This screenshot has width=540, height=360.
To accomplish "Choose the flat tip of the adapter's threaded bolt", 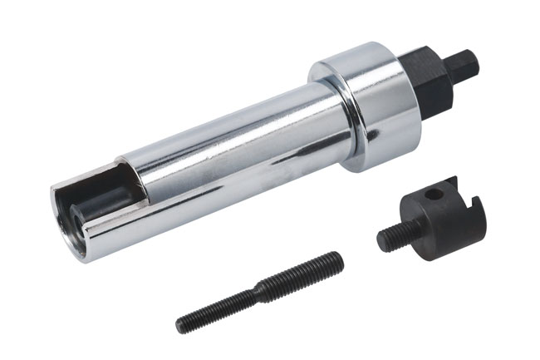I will [x=381, y=241].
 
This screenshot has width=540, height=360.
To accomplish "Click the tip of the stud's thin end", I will [x=179, y=321].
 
